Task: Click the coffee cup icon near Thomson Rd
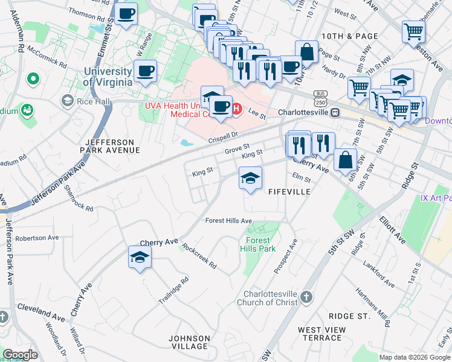point(126,13)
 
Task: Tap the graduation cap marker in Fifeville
point(250,178)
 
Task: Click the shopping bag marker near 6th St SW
point(344,160)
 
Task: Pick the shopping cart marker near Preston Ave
point(413,30)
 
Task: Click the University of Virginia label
point(108,77)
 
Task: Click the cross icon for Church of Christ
point(306,297)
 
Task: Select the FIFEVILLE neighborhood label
point(289,191)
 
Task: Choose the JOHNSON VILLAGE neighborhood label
point(189,342)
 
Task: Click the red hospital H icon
point(237,109)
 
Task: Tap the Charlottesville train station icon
point(334,112)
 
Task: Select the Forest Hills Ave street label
point(228,221)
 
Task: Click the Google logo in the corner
point(20,355)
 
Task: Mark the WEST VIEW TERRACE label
point(322,334)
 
